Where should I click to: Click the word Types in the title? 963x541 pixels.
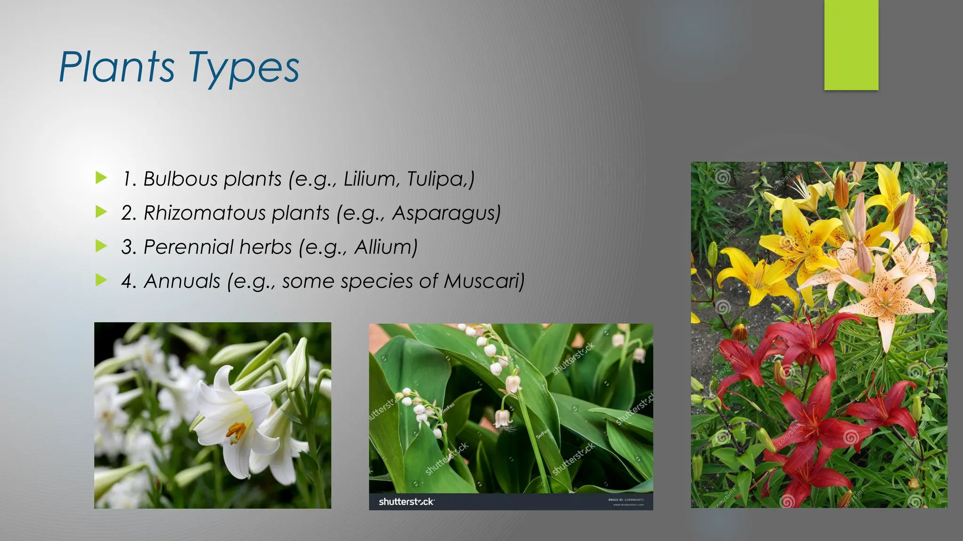point(244,69)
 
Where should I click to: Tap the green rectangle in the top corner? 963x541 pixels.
point(851,45)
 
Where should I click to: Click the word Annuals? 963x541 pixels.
point(182,281)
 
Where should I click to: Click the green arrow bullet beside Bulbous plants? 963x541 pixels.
point(101,178)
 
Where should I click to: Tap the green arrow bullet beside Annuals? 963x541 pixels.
point(101,280)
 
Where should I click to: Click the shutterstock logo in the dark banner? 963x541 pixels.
point(406,502)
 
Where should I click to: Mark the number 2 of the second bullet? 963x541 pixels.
point(128,213)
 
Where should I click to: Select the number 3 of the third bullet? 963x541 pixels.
point(128,247)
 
